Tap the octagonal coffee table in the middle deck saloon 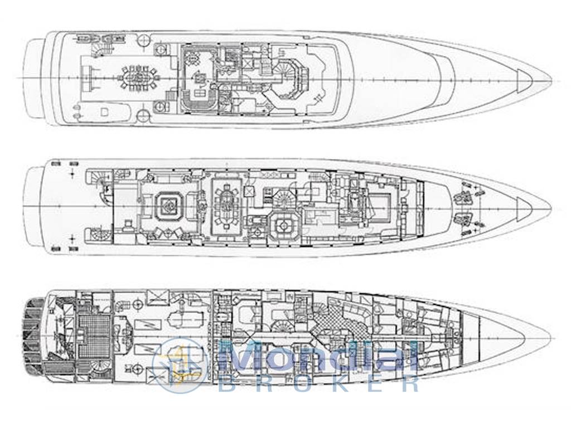tap(168, 207)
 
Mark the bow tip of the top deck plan tap(551, 80)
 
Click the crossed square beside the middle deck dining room tap(249, 192)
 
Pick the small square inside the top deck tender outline tap(104, 111)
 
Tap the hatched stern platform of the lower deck tap(33, 335)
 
